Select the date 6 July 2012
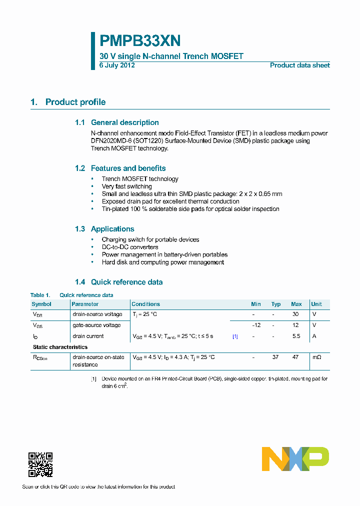[117, 65]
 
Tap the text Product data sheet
[299, 65]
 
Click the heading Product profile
[75, 102]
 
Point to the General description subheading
[124, 122]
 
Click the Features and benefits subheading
[128, 168]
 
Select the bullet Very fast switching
[126, 186]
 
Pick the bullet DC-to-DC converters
[130, 247]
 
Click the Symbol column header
[41, 304]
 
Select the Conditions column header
[145, 304]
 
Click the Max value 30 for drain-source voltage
[296, 314]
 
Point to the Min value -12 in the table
[256, 325]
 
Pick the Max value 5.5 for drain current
[296, 336]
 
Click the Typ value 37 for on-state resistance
[275, 357]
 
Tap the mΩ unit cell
[316, 357]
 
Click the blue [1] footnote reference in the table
[235, 336]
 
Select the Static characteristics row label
[60, 347]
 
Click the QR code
[40, 465]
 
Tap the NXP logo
[295, 459]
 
